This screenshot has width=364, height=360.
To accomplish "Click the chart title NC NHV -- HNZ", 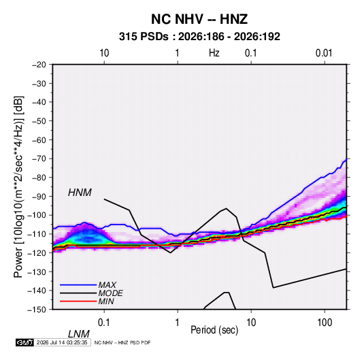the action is [199, 19].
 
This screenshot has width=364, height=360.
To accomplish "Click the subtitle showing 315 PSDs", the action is [199, 37].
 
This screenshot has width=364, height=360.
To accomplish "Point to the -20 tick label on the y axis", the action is [39, 65].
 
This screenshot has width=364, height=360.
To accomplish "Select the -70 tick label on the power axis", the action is [39, 159].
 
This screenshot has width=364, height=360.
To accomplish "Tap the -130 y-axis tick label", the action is [37, 272].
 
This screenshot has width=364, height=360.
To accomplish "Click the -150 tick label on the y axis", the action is [37, 310].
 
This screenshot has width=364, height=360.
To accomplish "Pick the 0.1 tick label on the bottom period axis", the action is [104, 323].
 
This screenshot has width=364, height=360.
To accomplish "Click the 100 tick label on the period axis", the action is [325, 323].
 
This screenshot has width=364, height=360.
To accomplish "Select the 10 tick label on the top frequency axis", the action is [104, 53].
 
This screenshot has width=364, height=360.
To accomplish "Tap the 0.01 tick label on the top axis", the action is [324, 53].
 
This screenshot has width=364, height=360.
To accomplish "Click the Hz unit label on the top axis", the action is [214, 53].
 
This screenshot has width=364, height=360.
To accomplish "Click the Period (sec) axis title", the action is [214, 330].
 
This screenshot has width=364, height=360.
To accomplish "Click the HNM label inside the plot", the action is [80, 193].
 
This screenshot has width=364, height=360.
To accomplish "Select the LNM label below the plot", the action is [78, 334].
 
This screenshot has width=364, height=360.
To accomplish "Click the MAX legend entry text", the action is [107, 285].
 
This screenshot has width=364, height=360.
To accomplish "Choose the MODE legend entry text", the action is [110, 293].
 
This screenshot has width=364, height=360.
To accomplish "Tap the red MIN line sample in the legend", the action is [78, 301].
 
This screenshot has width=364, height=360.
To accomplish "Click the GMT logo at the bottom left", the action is [25, 342].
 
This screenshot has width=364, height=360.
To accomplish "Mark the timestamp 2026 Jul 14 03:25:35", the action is [62, 342].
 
